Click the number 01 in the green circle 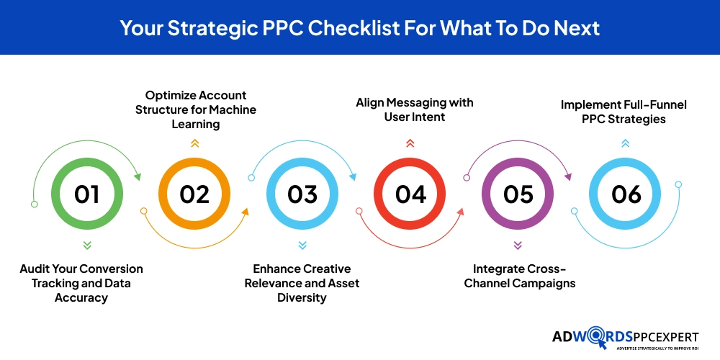click(x=86, y=194)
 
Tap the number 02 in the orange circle click(x=194, y=194)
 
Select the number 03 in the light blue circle click(x=302, y=194)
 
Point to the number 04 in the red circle click(x=410, y=194)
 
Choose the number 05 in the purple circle click(x=518, y=194)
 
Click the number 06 click(x=625, y=194)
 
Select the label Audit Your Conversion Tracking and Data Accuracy click(x=81, y=283)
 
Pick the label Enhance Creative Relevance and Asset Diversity click(x=302, y=283)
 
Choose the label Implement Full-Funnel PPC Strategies click(x=624, y=112)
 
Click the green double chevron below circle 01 click(x=86, y=245)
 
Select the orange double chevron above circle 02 click(x=194, y=143)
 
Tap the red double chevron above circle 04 click(x=410, y=143)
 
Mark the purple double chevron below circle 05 click(x=518, y=245)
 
